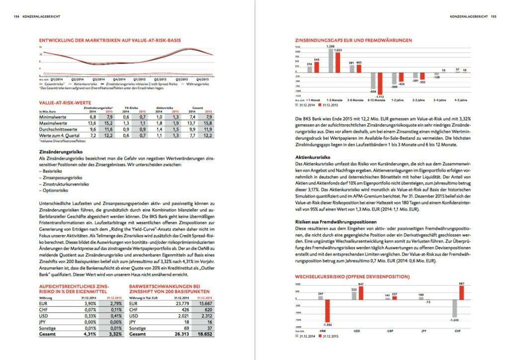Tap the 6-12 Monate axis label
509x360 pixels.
click(x=376, y=100)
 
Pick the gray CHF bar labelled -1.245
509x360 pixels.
click(x=454, y=308)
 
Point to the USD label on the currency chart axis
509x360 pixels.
click(x=356, y=330)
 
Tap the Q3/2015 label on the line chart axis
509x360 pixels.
click(x=182, y=79)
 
